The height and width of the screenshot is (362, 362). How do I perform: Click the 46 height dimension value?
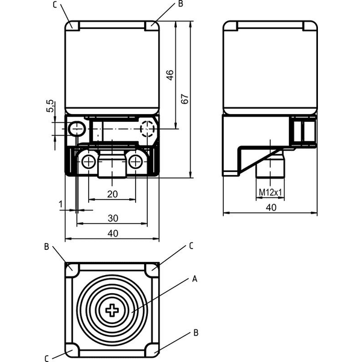click(170, 75)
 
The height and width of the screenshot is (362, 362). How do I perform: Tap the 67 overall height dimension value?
click(185, 98)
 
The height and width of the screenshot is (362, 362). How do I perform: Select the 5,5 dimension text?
click(50, 106)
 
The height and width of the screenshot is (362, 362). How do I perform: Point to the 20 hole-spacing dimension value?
click(112, 194)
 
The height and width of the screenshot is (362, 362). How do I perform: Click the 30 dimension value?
click(113, 218)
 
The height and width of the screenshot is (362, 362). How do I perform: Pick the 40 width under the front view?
click(113, 233)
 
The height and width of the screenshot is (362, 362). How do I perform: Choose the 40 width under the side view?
click(271, 208)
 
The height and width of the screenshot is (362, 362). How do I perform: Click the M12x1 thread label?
click(270, 192)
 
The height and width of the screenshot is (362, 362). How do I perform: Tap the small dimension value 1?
click(61, 204)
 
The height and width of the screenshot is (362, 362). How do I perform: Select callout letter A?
click(195, 279)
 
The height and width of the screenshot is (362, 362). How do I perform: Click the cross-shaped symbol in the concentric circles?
click(112, 310)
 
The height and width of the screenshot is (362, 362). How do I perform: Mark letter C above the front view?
click(55, 5)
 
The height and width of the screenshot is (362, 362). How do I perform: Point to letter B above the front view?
click(181, 4)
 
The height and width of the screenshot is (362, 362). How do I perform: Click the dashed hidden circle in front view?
click(147, 129)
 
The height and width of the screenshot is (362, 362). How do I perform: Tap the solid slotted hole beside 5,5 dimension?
click(77, 129)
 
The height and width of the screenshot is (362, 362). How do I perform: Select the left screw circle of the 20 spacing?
click(88, 162)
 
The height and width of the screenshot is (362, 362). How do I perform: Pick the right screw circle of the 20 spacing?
click(135, 162)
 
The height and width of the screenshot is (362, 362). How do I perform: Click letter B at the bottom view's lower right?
click(195, 333)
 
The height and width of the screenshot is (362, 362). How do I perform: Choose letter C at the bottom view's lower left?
click(46, 358)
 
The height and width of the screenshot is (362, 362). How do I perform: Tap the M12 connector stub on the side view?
click(270, 164)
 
